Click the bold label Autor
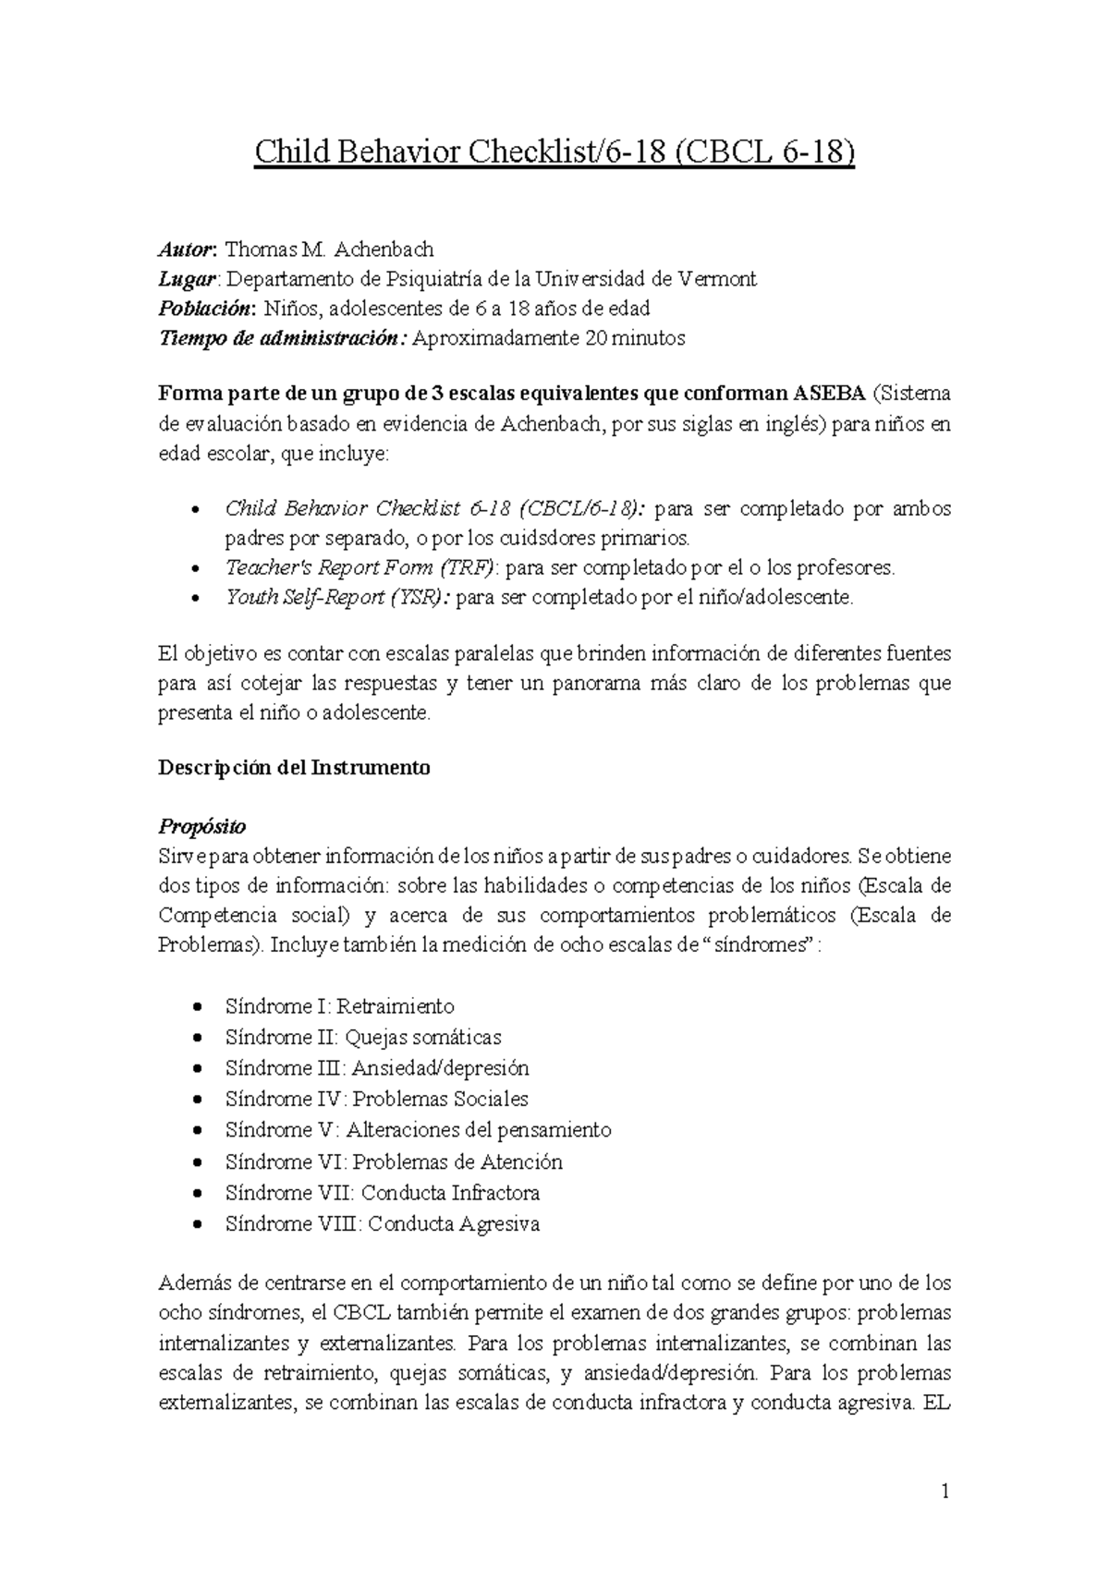coord(186,249)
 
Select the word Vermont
coord(717,279)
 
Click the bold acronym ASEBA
coord(829,395)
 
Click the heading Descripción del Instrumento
coord(294,768)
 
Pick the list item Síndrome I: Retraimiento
coord(339,1006)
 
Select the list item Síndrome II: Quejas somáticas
coord(363,1038)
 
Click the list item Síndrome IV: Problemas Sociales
coord(376,1100)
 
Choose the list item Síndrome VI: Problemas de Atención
coord(394,1162)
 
